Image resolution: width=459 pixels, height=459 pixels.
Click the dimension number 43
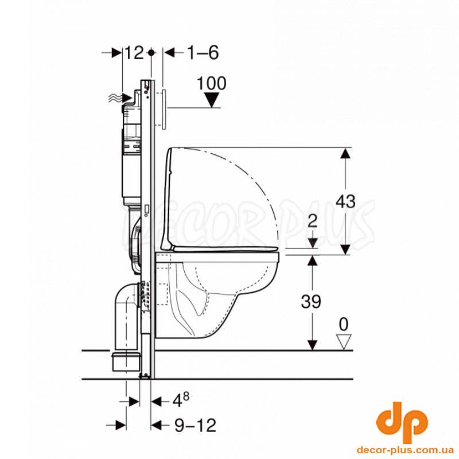[345, 202]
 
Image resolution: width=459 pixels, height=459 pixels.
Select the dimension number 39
[311, 302]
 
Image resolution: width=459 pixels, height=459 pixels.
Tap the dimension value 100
[211, 83]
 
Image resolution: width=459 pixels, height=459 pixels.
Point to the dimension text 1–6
[203, 53]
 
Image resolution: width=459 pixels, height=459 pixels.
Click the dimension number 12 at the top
[134, 53]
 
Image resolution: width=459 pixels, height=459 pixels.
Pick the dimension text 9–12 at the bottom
[195, 425]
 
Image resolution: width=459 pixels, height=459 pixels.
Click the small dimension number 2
[313, 221]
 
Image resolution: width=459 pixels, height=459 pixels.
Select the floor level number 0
[344, 324]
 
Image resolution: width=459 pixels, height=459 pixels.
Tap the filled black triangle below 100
[212, 99]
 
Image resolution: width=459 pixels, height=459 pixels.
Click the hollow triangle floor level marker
[344, 342]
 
